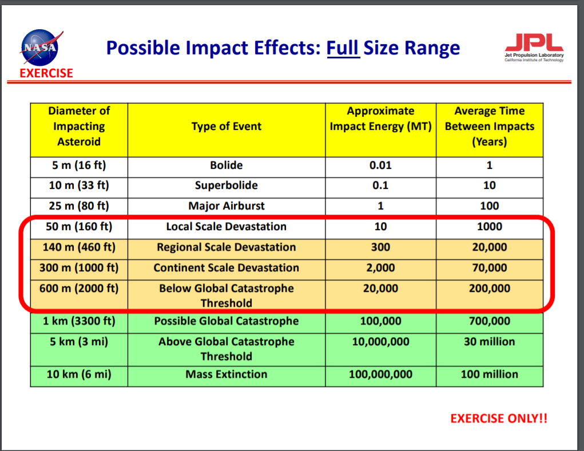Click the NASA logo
40,48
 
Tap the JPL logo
534,48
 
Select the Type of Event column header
227,126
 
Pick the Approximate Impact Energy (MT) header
380,118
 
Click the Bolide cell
227,165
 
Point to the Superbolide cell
227,185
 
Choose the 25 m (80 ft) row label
79,205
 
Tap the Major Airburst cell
227,205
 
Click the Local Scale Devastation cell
227,226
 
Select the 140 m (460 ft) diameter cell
79,247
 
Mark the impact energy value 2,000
380,268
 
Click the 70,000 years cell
490,268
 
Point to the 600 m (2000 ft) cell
79,288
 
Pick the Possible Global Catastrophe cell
227,321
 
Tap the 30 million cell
490,342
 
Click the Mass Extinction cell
227,374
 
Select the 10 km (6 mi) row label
79,374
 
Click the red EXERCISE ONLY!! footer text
499,418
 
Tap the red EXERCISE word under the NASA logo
46,73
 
